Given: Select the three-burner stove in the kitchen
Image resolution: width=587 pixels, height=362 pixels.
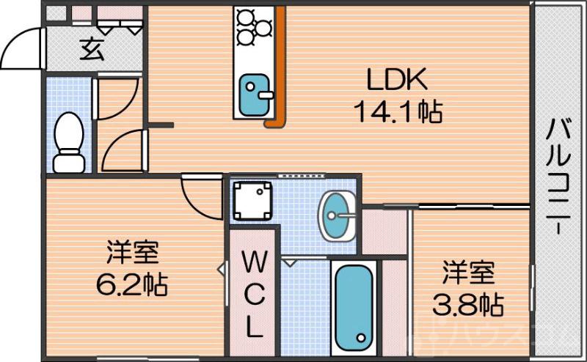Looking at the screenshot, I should [254, 26].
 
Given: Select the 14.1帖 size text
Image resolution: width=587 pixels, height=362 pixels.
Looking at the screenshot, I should [397, 111].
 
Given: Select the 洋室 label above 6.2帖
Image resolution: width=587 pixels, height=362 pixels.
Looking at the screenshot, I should [133, 253].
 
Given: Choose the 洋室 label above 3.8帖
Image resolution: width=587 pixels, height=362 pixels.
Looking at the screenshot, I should [469, 273].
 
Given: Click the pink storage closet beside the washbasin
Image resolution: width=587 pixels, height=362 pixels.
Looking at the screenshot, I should [384, 231].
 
